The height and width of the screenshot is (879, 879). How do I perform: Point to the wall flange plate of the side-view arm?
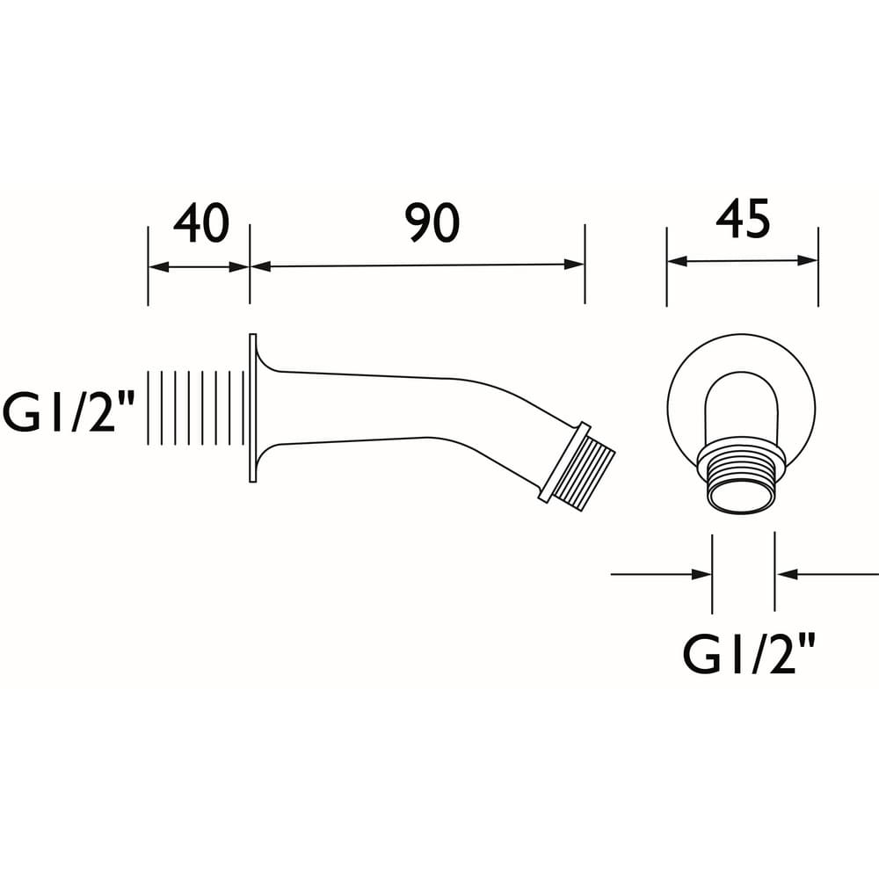point(253,408)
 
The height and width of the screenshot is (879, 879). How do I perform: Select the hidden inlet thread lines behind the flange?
point(195,408)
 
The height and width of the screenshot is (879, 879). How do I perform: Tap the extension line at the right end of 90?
point(585,264)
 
